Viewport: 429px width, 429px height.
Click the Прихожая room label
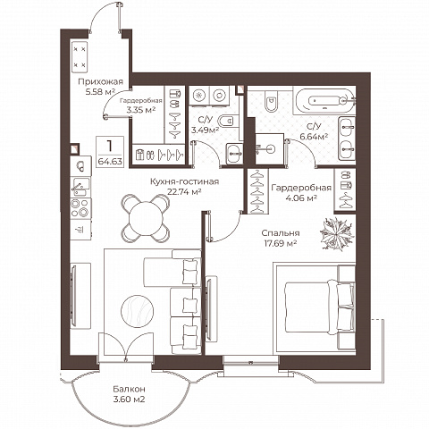(100, 81)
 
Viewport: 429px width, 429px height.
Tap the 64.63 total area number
(110, 162)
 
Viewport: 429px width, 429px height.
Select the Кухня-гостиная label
(184, 181)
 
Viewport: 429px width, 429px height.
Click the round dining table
(146, 218)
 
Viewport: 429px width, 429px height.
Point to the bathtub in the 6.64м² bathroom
(324, 100)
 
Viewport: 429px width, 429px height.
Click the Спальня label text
(281, 233)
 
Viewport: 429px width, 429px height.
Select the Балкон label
(129, 389)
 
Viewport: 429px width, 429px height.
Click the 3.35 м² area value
(141, 110)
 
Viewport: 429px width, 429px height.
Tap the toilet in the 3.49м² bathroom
(228, 121)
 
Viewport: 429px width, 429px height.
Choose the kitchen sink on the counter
(80, 187)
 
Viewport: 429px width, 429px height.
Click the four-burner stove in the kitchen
(80, 208)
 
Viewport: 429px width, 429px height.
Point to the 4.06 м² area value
(301, 198)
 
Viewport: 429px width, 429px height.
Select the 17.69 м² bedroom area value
(281, 243)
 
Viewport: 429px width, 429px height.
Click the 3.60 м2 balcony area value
(129, 400)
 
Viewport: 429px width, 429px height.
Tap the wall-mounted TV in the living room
(73, 296)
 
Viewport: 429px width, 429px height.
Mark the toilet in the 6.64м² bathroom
(271, 100)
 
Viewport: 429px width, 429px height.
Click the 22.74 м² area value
(184, 191)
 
